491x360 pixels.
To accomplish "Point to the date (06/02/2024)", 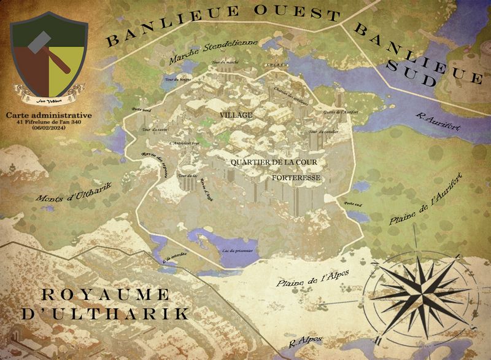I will click(x=50, y=128).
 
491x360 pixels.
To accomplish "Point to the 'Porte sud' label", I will click(x=352, y=203).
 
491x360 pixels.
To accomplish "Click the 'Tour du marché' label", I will click(x=224, y=63).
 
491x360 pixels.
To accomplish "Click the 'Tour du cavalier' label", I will click(x=321, y=132).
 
